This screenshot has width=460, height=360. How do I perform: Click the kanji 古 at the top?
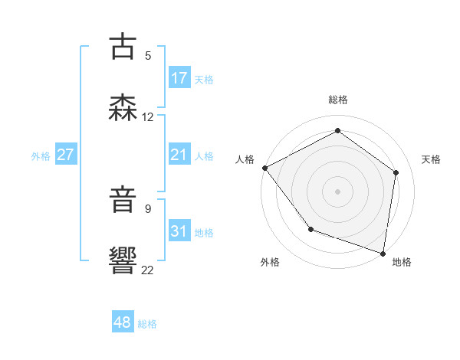click(123, 47)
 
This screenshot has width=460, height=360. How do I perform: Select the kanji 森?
click(123, 108)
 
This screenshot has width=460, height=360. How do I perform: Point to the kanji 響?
click(123, 260)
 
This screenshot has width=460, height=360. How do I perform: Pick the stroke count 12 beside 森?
click(147, 117)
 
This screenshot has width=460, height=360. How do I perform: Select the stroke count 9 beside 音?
click(147, 208)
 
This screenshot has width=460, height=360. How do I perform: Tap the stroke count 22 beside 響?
click(147, 270)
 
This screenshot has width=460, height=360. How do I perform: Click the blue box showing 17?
click(179, 78)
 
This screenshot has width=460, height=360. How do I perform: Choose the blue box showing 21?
click(179, 155)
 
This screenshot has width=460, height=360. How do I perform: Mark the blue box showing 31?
click(179, 231)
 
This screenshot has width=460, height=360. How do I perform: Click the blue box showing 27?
click(66, 155)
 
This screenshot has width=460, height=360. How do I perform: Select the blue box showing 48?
click(123, 322)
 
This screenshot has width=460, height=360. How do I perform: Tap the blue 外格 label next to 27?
click(41, 155)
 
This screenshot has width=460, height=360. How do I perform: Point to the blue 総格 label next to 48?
click(147, 324)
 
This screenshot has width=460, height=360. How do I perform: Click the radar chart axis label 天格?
click(432, 159)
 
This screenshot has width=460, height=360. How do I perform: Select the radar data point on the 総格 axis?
click(337, 131)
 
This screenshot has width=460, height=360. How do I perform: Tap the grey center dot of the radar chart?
click(337, 191)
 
